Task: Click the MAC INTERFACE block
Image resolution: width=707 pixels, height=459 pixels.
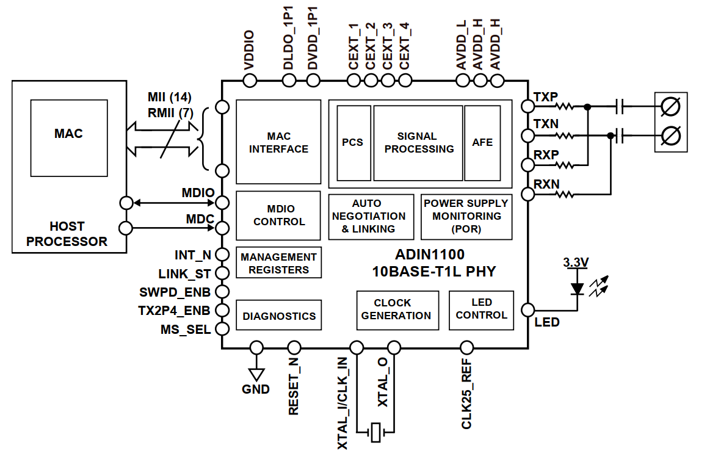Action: pos(278,142)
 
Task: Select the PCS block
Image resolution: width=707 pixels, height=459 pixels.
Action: pos(353,143)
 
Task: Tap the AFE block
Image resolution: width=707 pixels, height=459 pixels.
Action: pos(482,143)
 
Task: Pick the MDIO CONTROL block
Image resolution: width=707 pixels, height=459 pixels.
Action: pos(278,215)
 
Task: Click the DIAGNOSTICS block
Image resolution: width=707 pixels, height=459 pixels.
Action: pos(278,316)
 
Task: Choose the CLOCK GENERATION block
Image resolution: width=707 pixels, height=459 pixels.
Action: pos(397,309)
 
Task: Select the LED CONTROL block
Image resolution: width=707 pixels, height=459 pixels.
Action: pos(481,309)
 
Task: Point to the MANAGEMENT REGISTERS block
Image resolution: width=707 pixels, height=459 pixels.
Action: pos(278,263)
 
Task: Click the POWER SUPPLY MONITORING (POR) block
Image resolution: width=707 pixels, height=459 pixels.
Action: pos(466,217)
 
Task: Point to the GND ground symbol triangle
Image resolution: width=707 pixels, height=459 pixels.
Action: pos(256,373)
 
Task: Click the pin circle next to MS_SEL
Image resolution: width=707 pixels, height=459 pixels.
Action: pos(222,329)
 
